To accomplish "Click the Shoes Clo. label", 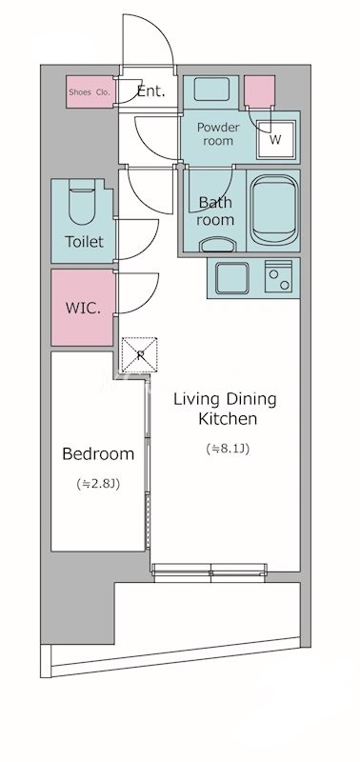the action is [90, 91].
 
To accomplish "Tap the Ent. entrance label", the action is [151, 90].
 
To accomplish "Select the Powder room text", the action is [218, 134].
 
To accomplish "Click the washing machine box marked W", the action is [275, 139].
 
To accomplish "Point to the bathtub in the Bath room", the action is [274, 211].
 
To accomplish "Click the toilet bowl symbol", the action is [82, 203].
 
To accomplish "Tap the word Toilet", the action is [84, 242].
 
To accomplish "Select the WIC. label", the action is [83, 308].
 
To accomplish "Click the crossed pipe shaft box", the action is [139, 354].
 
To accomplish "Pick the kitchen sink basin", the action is [232, 278].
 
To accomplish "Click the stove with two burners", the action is [278, 276].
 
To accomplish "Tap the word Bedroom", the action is [98, 454].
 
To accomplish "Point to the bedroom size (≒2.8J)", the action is [98, 484].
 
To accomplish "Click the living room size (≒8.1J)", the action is [228, 449].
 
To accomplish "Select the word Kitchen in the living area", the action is [228, 419].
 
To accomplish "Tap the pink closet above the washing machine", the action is [259, 91].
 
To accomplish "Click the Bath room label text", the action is [215, 211].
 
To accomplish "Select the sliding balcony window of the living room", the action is [210, 572].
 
